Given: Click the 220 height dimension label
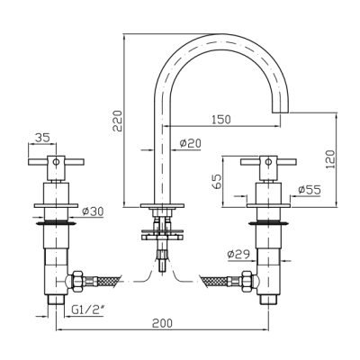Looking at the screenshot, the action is click(117, 121).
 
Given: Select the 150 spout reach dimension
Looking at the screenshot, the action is click(221, 120).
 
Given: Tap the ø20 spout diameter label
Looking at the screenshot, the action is click(190, 143).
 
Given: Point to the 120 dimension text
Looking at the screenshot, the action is click(330, 159).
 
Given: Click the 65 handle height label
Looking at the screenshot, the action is click(217, 181).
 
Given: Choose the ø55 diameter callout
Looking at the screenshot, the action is click(310, 190).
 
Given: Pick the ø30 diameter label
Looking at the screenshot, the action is click(93, 211).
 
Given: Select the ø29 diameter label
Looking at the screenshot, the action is click(238, 255).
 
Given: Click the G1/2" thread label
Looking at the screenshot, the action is click(87, 310).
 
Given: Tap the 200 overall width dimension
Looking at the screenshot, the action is click(162, 323).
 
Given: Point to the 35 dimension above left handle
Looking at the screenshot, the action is click(42, 138).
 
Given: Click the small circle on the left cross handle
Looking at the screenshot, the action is click(56, 162).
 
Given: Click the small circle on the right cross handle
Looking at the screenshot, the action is click(268, 162).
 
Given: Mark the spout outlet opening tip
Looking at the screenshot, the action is click(281, 112).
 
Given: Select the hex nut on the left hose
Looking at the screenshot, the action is click(77, 281).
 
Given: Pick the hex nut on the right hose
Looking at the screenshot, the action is click(247, 281).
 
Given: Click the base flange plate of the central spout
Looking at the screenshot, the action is click(162, 206).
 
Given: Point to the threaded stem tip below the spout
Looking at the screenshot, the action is click(162, 266).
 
